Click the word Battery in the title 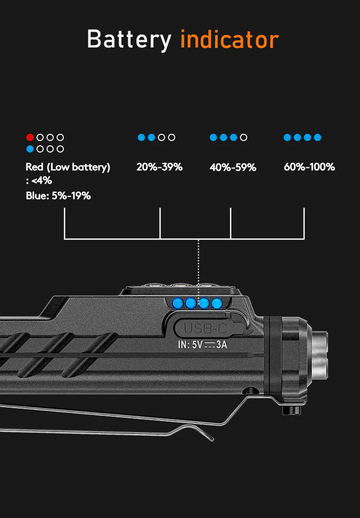(129, 40)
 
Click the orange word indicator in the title (229, 39)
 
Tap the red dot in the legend (30, 137)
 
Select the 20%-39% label (159, 167)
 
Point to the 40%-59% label (233, 167)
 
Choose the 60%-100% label (309, 167)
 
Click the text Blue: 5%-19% (58, 196)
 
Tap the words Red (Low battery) (68, 167)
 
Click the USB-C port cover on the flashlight (209, 328)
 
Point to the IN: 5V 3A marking (202, 344)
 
